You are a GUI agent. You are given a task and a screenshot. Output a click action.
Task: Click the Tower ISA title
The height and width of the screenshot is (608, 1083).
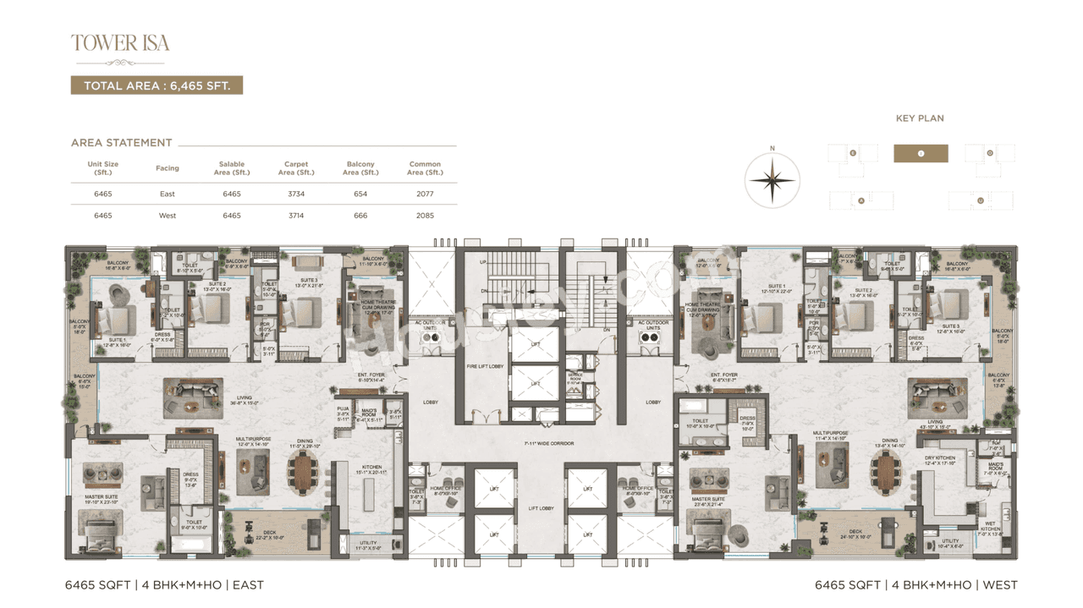click(120, 43)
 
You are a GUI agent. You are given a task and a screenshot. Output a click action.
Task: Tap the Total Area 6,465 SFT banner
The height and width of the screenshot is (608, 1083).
click(157, 85)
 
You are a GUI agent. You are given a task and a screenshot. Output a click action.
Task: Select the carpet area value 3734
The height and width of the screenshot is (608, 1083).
click(296, 194)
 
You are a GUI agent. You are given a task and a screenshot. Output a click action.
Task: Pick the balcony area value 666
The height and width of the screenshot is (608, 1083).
click(360, 216)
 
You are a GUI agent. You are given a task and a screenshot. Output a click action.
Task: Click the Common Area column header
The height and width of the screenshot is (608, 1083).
click(425, 168)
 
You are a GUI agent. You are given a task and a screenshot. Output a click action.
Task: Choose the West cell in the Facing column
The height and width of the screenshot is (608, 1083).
click(168, 216)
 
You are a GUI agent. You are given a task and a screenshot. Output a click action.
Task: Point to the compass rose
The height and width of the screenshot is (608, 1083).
click(772, 179)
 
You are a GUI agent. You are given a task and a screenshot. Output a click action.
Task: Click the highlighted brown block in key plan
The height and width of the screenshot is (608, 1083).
click(921, 153)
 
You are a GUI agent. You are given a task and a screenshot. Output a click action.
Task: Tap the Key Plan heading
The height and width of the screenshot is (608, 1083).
click(920, 118)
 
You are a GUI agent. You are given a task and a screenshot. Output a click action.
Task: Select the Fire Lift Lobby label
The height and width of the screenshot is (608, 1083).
click(486, 366)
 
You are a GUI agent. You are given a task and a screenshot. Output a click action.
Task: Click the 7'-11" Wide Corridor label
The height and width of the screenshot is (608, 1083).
click(548, 443)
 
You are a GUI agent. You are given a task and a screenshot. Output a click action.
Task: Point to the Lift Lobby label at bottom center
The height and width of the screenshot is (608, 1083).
click(541, 508)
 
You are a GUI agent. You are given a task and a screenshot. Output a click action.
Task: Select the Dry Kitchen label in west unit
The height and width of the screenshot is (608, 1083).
click(940, 460)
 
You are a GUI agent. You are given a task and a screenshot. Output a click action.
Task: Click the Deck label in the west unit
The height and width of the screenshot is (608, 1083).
click(855, 533)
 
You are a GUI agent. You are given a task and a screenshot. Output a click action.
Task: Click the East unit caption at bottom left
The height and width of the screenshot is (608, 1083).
click(164, 584)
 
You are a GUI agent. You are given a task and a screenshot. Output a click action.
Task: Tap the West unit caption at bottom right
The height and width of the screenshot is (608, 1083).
click(915, 584)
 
